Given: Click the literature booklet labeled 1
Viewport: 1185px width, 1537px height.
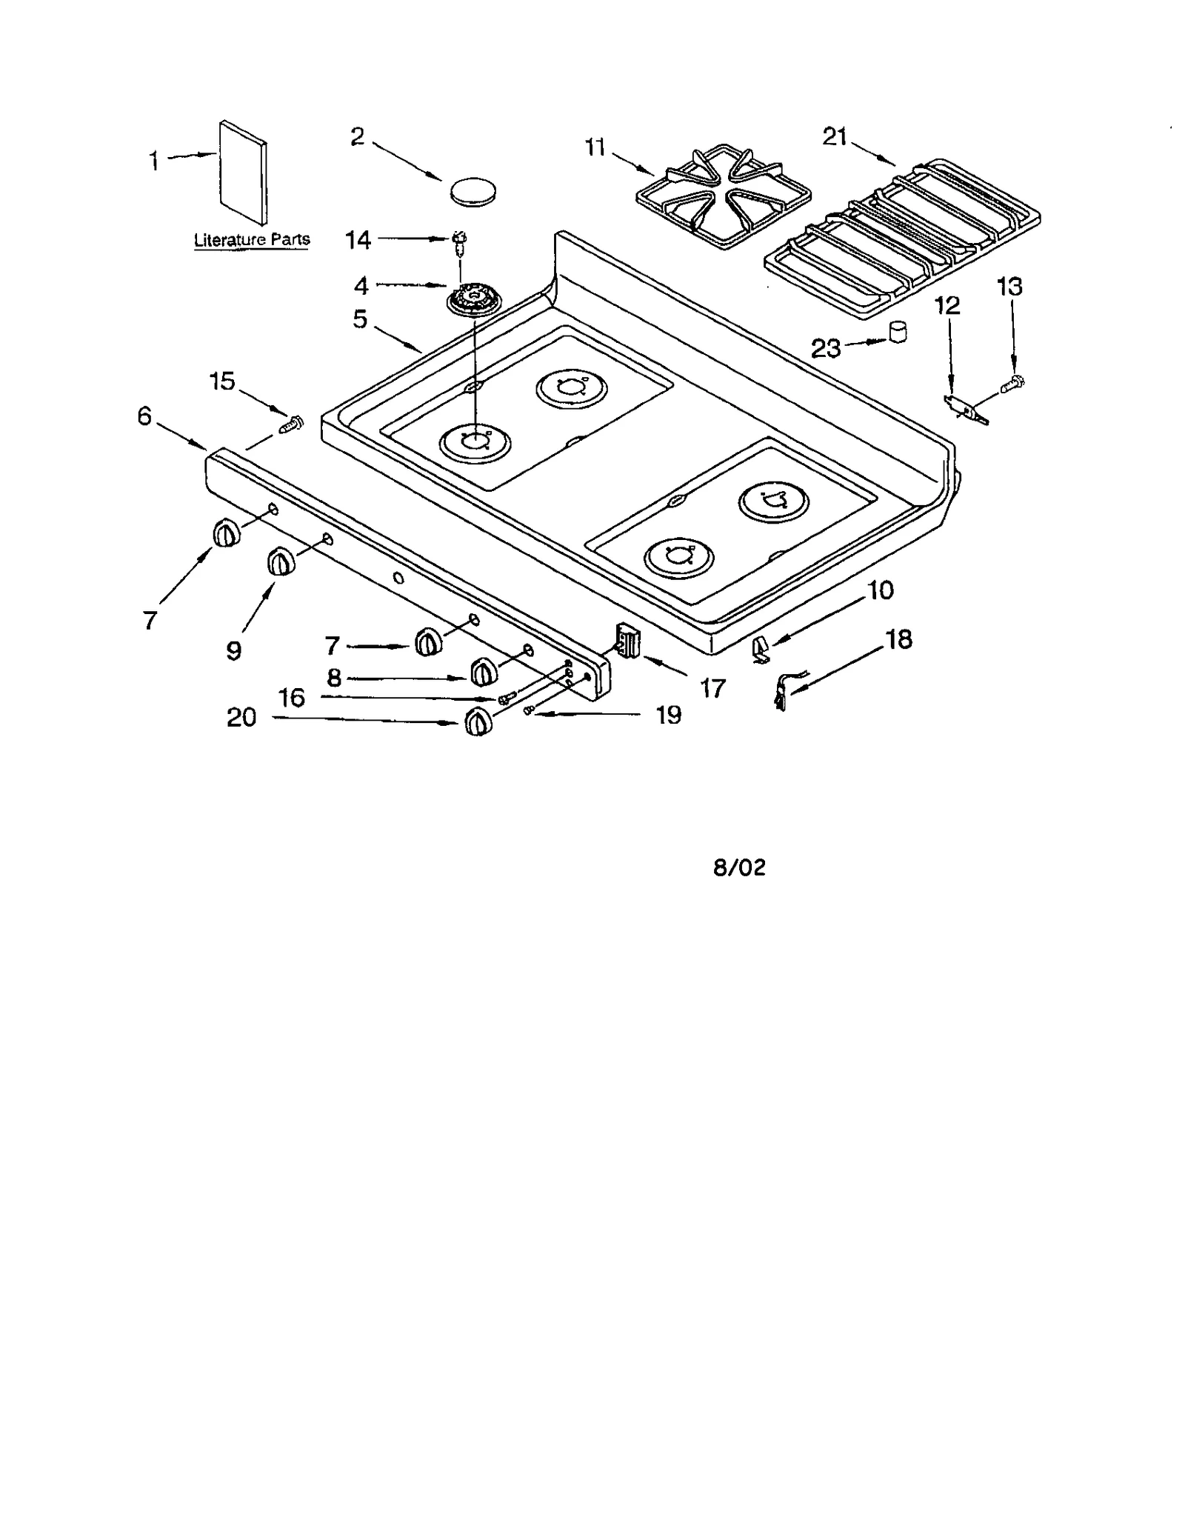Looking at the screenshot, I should (244, 173).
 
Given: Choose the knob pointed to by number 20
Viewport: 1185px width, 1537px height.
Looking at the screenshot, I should (478, 721).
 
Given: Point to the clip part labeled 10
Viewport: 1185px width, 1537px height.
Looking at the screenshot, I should (761, 650).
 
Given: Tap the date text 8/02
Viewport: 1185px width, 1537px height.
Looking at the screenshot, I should (738, 867).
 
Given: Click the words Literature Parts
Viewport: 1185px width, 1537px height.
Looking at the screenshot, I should (252, 240).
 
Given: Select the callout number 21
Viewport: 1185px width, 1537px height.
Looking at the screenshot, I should (835, 137).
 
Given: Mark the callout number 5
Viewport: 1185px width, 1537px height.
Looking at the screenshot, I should (360, 319).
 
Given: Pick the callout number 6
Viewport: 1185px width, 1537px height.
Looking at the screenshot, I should (144, 416).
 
